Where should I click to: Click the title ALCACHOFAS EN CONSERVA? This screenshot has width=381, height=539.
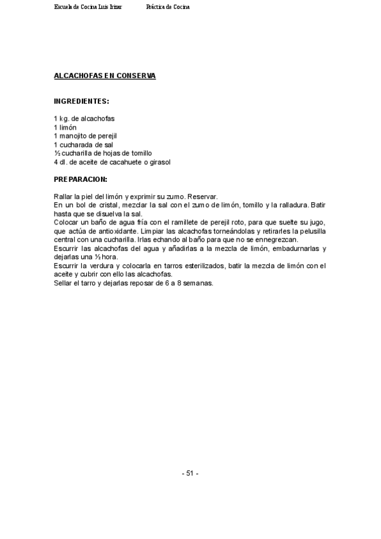click(105, 76)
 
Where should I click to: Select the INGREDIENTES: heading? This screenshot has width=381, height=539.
click(81, 101)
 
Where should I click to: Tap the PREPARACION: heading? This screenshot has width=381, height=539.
click(81, 180)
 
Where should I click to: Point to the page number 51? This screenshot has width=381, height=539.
click(190, 474)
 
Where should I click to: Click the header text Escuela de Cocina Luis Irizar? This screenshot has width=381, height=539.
click(88, 7)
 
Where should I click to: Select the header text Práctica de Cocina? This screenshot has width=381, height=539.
click(168, 7)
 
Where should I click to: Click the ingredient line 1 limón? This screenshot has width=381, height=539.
click(65, 127)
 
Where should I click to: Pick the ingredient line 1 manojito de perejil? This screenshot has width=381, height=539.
click(85, 136)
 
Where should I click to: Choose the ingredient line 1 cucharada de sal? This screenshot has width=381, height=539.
click(83, 145)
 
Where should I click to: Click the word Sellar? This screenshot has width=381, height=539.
click(64, 283)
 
